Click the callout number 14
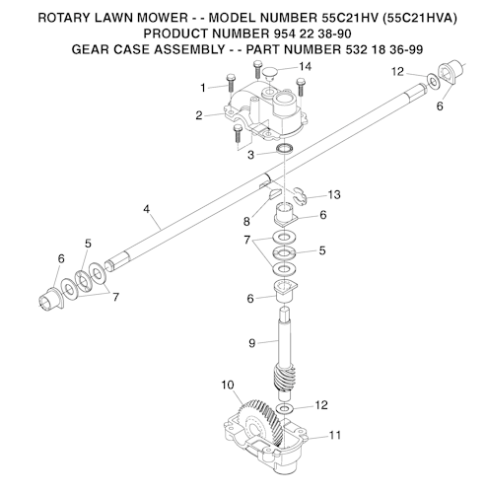pos(305,67)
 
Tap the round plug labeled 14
pos(270,74)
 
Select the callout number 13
pos(334,195)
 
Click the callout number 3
pos(250,155)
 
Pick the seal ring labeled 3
pos(284,149)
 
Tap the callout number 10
pos(228,385)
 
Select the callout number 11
pos(335,435)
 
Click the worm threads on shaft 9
pos(283,379)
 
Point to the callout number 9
pos(252,343)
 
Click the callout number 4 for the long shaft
pos(146,209)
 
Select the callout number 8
pos(246,222)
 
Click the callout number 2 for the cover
pos(199,115)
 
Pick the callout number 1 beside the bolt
pos(203,88)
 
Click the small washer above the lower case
pos(285,409)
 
